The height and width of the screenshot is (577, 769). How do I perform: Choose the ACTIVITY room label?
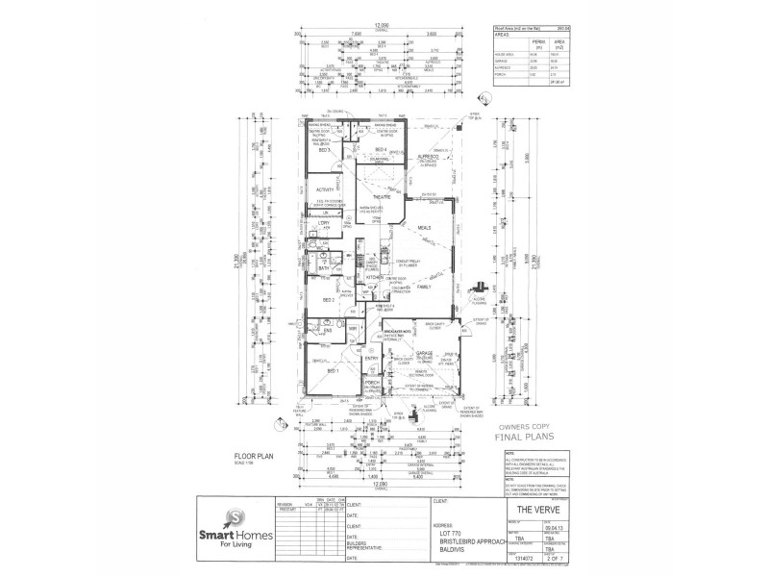click(324, 189)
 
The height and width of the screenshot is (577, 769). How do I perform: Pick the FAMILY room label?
click(425, 287)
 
